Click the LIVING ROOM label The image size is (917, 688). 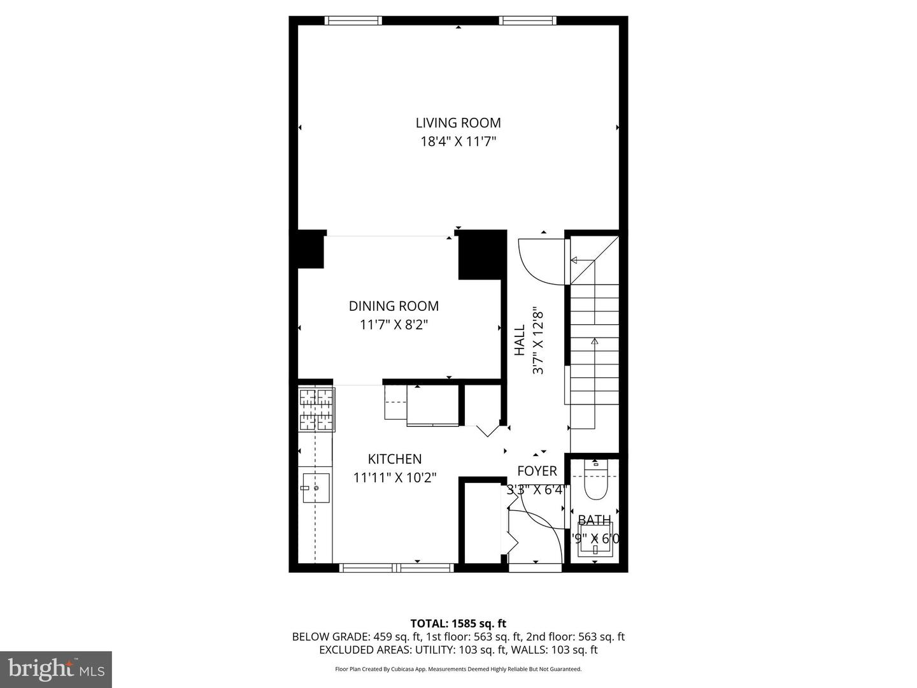[458, 123]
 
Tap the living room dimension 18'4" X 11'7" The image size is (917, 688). [458, 141]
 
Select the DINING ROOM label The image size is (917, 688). [394, 306]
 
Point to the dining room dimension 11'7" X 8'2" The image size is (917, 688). [394, 325]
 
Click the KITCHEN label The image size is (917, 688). [395, 459]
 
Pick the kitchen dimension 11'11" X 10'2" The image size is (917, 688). [395, 477]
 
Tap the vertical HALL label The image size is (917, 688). [520, 340]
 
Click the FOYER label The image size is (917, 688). [537, 471]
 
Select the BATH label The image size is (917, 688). [595, 520]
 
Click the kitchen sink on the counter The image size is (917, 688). [315, 488]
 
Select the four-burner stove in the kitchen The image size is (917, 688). [316, 410]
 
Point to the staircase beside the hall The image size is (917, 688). [594, 344]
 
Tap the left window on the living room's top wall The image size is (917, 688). [353, 20]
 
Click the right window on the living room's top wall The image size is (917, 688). [528, 20]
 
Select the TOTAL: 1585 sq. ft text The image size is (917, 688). [458, 623]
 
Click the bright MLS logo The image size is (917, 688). [56, 669]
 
